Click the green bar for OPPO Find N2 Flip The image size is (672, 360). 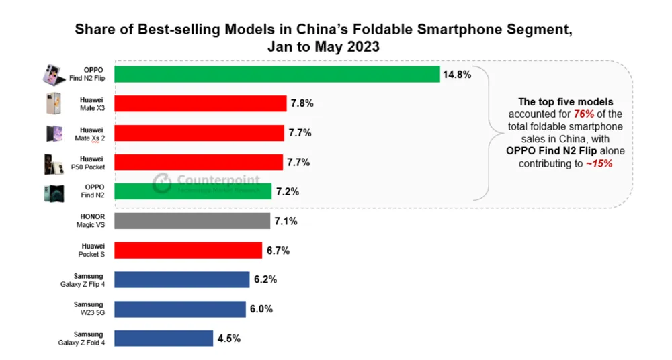[276, 74]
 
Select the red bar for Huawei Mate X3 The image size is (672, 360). [200, 103]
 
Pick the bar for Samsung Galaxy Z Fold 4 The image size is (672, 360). [163, 338]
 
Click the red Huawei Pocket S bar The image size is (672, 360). [187, 251]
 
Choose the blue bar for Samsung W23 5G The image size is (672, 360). [179, 309]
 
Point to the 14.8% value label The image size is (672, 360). [456, 74]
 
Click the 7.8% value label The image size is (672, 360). [302, 103]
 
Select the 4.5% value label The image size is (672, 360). [229, 339]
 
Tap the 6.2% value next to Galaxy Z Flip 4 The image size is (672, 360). [265, 279]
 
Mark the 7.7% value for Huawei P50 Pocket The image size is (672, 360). [299, 162]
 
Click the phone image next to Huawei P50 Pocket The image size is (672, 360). [53, 163]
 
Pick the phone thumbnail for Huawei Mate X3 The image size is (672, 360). [53, 104]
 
